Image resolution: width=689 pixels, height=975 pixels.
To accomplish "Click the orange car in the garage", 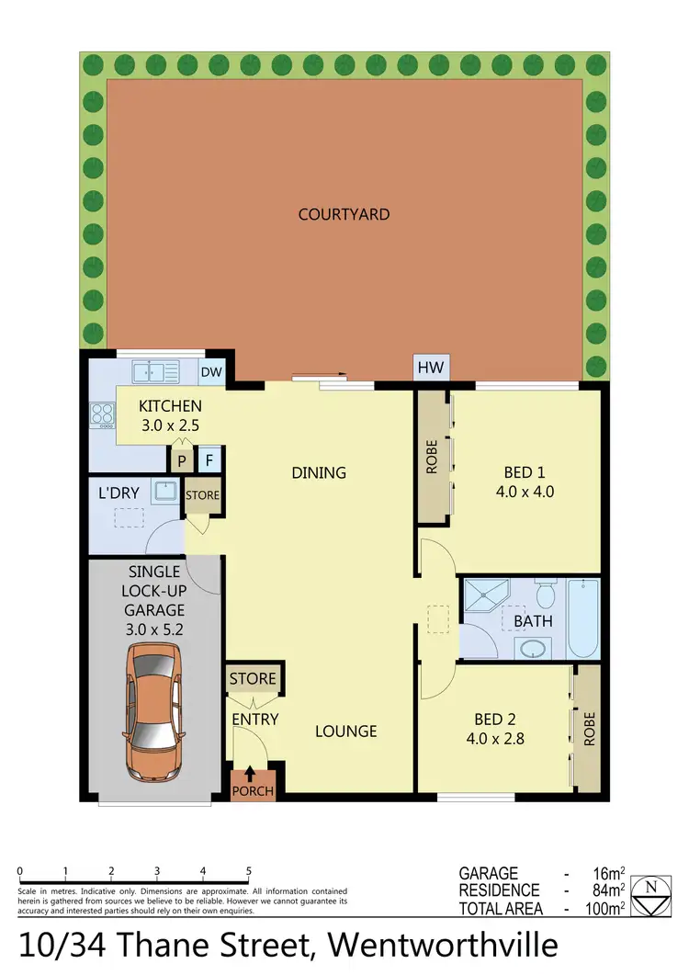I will pyautogui.click(x=153, y=711).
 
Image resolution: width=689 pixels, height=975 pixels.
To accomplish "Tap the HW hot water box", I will pyautogui.click(x=430, y=368).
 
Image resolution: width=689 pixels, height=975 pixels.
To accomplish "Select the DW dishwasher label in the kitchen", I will pyautogui.click(x=212, y=372).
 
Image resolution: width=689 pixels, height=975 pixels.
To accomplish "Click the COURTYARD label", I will pyautogui.click(x=344, y=214).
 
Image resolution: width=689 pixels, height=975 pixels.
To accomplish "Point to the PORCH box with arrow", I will pyautogui.click(x=252, y=784).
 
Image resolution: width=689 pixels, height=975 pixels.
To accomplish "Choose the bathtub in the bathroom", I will pyautogui.click(x=582, y=618).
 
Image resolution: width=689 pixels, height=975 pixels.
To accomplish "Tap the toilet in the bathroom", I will pyautogui.click(x=545, y=595).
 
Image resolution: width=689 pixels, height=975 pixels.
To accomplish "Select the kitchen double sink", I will pyautogui.click(x=156, y=372).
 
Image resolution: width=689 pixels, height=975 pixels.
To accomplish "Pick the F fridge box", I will pyautogui.click(x=209, y=459).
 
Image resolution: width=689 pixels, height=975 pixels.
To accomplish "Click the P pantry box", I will pyautogui.click(x=182, y=459).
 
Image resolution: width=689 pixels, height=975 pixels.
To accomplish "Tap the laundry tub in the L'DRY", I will pyautogui.click(x=165, y=491).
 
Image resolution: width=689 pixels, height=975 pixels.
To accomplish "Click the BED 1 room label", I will pyautogui.click(x=524, y=482).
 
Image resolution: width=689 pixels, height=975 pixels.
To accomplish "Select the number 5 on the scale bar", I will pyautogui.click(x=249, y=871).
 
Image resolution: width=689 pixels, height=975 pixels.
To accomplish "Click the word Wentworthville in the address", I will pyautogui.click(x=443, y=945).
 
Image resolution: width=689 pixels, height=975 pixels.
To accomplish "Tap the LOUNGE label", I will pyautogui.click(x=346, y=731).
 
